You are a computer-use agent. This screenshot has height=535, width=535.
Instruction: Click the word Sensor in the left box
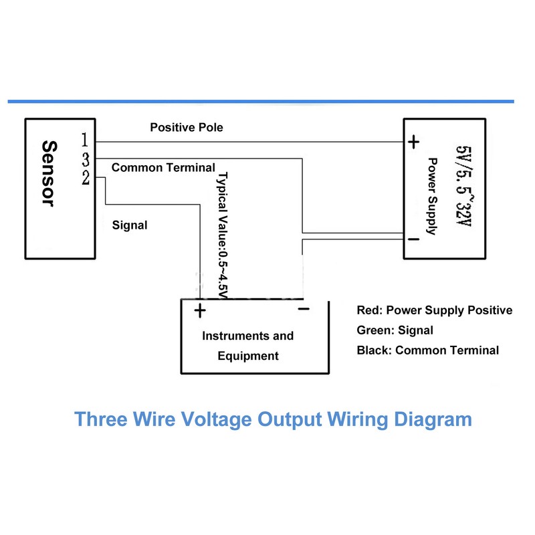point(47,173)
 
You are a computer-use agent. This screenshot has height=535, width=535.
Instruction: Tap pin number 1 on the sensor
point(85,140)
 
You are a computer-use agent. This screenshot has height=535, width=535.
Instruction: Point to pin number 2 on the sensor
point(86,177)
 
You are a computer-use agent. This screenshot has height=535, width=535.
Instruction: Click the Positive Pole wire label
point(187,126)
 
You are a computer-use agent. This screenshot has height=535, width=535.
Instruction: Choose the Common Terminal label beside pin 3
point(163,167)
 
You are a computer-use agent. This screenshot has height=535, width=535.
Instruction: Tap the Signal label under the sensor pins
point(130,225)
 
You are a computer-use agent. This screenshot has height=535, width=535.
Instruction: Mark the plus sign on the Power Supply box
point(414,142)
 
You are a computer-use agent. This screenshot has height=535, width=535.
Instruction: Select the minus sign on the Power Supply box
point(413,239)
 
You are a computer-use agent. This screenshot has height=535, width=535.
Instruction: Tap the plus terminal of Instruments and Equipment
point(199,310)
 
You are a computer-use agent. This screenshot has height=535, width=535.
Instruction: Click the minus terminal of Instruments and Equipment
point(303,309)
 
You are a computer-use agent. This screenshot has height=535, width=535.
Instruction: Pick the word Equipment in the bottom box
point(248,356)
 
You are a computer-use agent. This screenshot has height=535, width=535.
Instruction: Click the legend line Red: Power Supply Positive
point(435,310)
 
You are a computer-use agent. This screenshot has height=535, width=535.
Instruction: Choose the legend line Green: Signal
point(395,330)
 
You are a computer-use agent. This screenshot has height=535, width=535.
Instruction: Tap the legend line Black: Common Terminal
point(428,350)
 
